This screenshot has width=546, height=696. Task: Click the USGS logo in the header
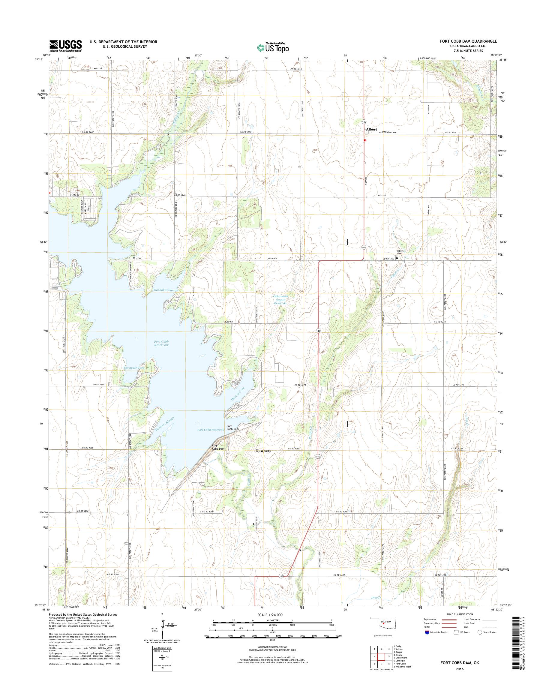(x=65, y=46)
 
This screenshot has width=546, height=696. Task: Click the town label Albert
(x=371, y=129)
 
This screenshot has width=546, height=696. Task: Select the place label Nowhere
(x=263, y=451)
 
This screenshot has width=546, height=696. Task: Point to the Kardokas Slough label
(x=166, y=290)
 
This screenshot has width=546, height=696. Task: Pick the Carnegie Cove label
(x=134, y=368)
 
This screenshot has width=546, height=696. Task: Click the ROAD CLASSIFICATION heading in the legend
(x=459, y=614)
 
